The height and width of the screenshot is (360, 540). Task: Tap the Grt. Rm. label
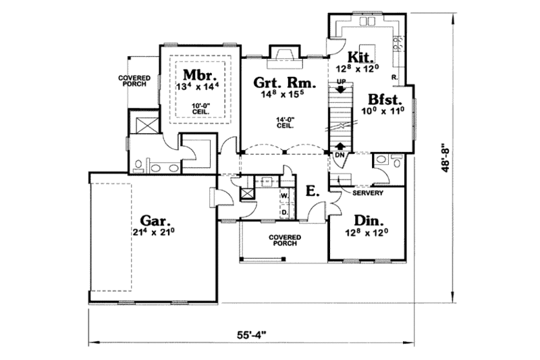point(276,84)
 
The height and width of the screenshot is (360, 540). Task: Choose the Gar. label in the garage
point(156,221)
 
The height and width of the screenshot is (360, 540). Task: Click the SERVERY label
point(369,193)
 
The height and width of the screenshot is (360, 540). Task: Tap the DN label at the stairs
point(340,155)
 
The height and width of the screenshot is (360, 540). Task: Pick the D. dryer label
point(284,211)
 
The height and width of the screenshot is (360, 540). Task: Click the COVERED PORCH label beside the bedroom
point(134,81)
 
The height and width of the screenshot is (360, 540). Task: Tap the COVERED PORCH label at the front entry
point(283,241)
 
